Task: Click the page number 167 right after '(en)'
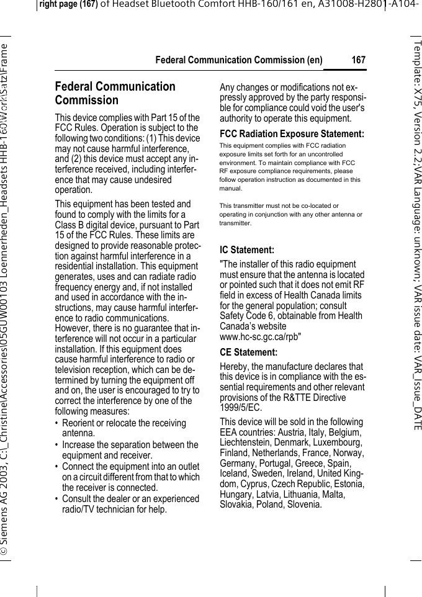tap(358, 60)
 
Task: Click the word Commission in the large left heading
tap(86, 101)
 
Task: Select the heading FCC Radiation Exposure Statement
tap(292, 134)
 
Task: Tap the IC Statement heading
tap(247, 250)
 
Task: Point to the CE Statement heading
tap(249, 353)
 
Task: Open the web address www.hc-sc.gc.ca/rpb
tap(261, 337)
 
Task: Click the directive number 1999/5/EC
tap(241, 408)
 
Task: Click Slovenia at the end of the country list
tap(302, 505)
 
